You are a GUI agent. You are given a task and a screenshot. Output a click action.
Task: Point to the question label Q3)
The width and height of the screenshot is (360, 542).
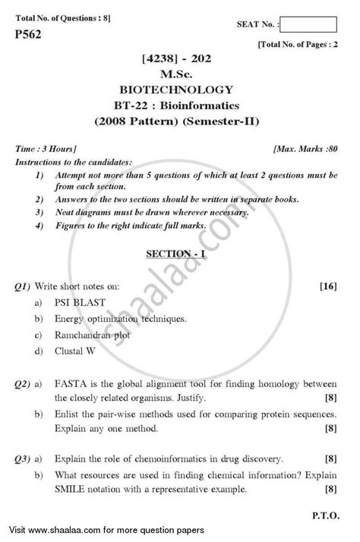[24, 459]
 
